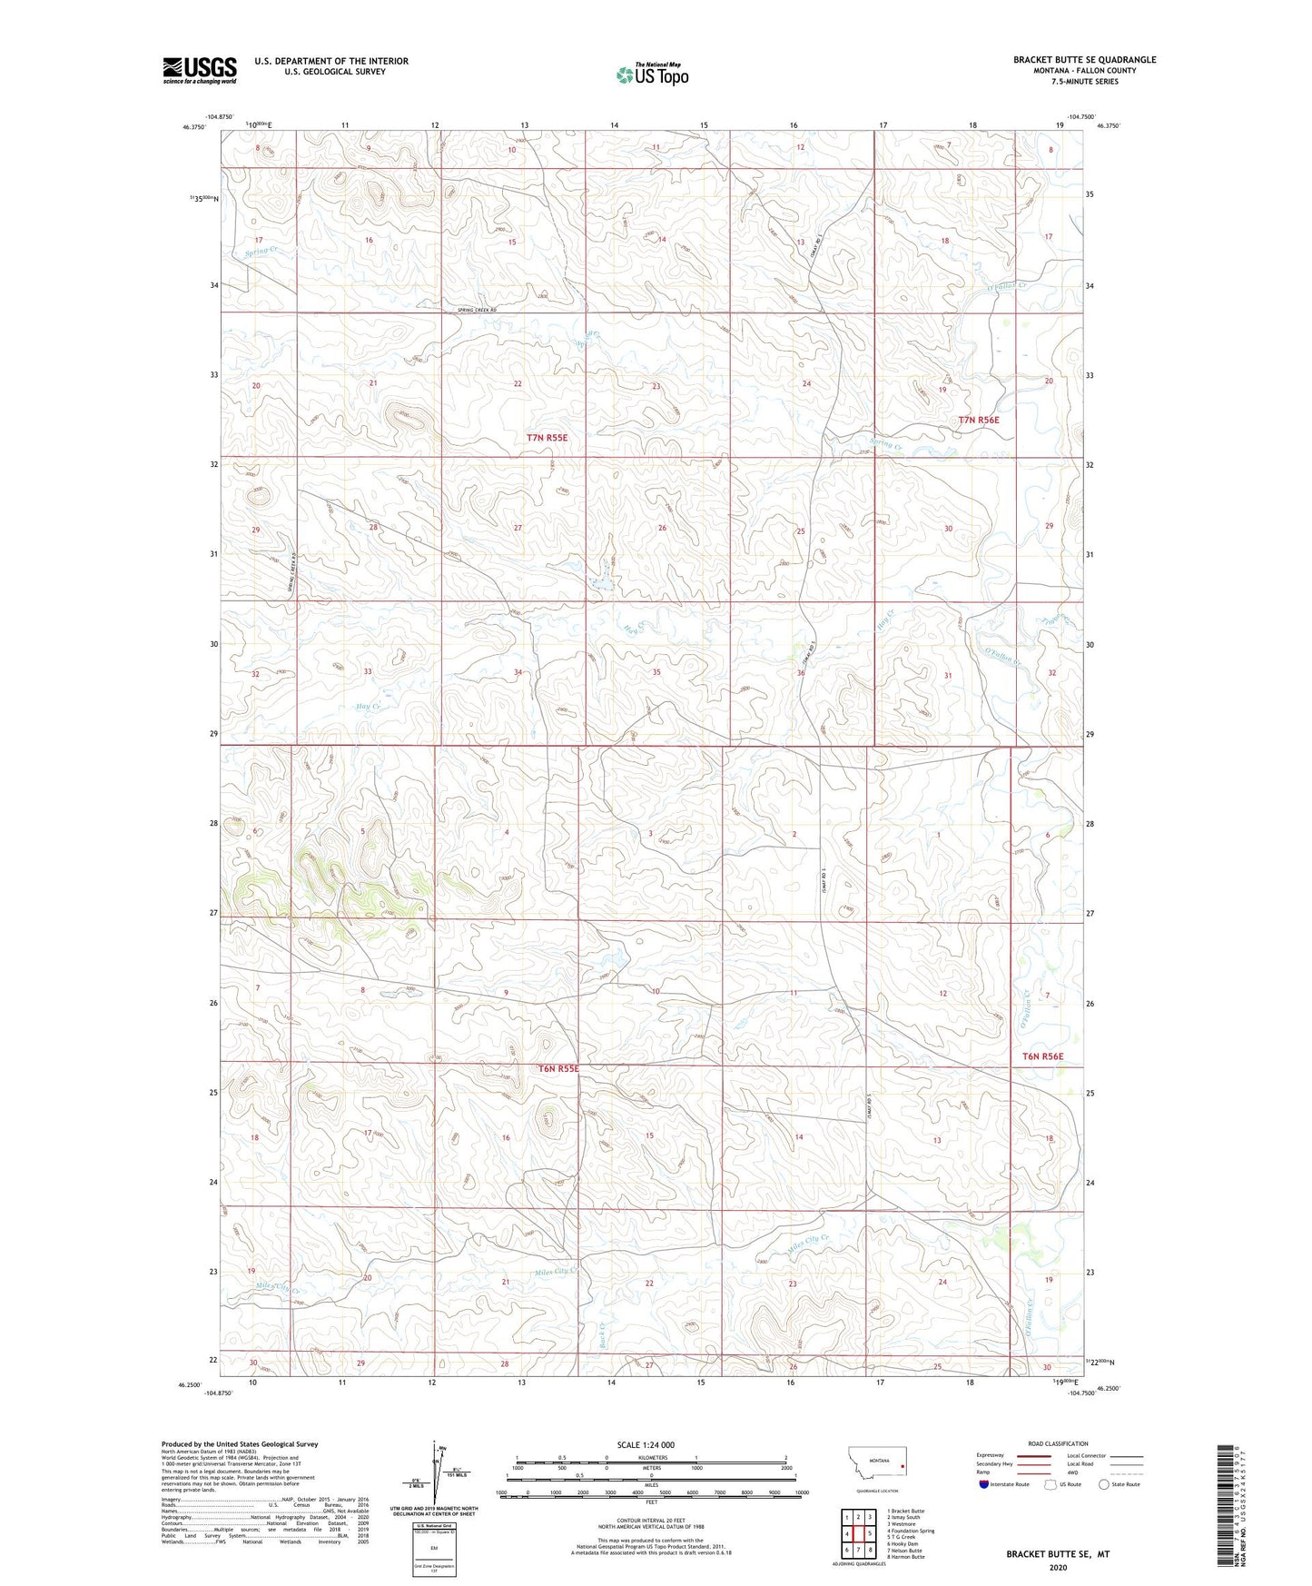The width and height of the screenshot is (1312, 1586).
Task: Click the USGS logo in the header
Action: point(200,70)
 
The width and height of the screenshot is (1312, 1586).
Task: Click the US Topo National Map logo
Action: point(651,74)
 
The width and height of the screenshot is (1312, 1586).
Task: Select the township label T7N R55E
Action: point(547,438)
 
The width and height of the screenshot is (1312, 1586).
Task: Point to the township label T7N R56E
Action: point(979,420)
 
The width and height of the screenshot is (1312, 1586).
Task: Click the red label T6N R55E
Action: point(558,1069)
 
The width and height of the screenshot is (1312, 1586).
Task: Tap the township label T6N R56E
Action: point(1042,1056)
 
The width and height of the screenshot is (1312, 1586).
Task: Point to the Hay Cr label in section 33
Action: point(369,706)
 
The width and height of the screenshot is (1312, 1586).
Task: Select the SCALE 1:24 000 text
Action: point(645,1444)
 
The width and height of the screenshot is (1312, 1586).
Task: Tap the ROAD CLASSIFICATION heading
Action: point(1058,1443)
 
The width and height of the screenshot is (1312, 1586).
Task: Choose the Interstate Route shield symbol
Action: point(985,1484)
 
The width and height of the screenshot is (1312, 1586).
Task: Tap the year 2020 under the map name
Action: point(1058,1567)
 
